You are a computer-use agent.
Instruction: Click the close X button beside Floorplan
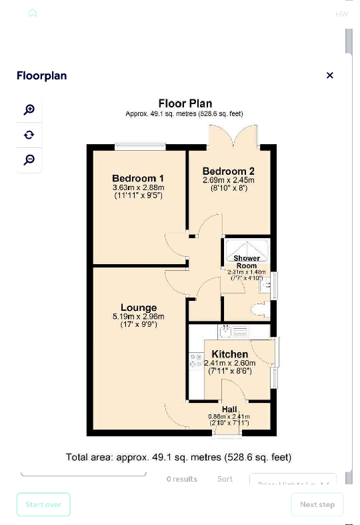[329, 75]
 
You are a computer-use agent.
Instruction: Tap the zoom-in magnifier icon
[29, 110]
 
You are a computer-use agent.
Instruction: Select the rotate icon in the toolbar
[29, 135]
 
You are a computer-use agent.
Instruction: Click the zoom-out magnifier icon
[29, 159]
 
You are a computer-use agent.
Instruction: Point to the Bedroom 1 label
[138, 178]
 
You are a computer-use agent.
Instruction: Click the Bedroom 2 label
[229, 171]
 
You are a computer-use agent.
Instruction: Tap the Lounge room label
[139, 308]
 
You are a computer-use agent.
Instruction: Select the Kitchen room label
[230, 354]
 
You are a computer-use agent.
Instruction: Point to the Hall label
[229, 410]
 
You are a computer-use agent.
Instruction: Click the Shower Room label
[247, 261]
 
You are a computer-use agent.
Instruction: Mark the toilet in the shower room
[259, 309]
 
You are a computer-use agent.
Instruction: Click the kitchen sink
[226, 330]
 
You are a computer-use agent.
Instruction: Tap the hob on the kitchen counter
[196, 361]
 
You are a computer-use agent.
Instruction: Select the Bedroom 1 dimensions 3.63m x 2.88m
[138, 188]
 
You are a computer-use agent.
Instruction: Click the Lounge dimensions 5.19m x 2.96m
[139, 317]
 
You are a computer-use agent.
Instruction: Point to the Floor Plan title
[185, 103]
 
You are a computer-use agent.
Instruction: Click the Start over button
[43, 504]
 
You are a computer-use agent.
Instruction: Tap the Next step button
[317, 504]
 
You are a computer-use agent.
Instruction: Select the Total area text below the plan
[179, 458]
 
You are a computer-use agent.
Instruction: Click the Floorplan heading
[41, 75]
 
